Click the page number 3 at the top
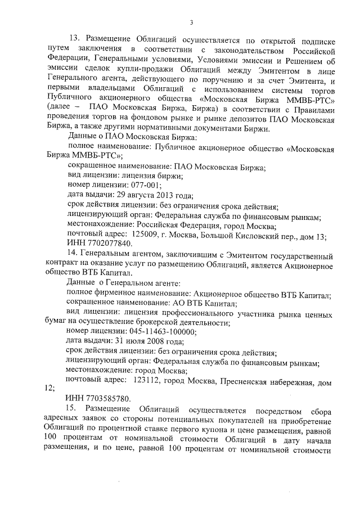point(191,22)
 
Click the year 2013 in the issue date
point(161,195)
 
